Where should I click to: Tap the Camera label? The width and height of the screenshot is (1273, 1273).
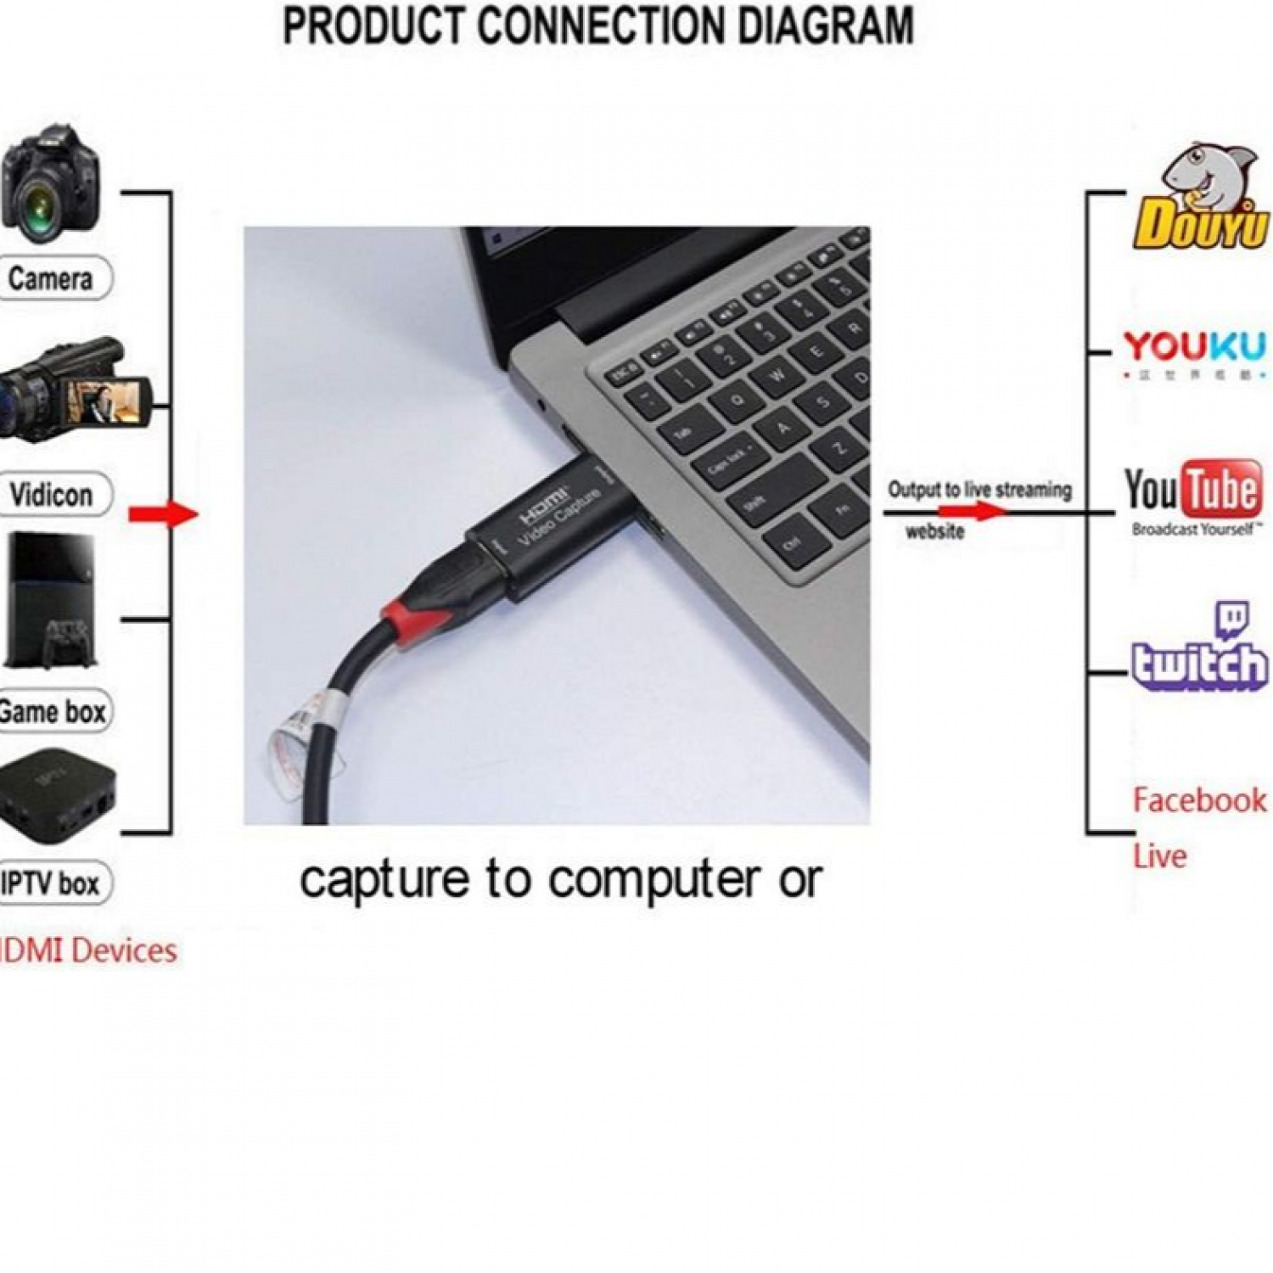51,278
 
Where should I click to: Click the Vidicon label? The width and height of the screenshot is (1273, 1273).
51,495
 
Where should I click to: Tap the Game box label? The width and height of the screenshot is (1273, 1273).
53,711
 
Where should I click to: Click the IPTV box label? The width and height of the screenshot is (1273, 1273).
51,883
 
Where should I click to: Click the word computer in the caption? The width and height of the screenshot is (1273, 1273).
653,879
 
